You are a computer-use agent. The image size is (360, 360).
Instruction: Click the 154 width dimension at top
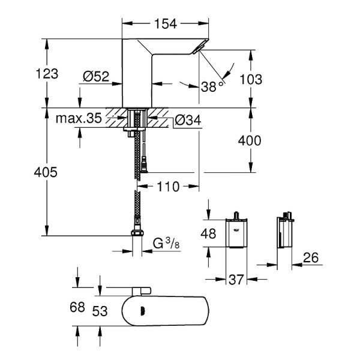(166, 23)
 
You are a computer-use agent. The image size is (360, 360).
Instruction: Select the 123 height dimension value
(46, 74)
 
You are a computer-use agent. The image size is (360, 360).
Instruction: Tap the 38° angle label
(212, 87)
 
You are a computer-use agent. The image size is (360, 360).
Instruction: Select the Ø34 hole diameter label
(188, 121)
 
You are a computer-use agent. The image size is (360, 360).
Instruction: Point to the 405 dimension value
(46, 173)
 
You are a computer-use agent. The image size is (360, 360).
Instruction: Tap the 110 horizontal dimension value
(168, 187)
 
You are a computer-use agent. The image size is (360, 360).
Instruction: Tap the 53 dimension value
(100, 311)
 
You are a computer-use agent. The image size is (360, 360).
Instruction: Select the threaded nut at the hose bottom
(137, 233)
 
